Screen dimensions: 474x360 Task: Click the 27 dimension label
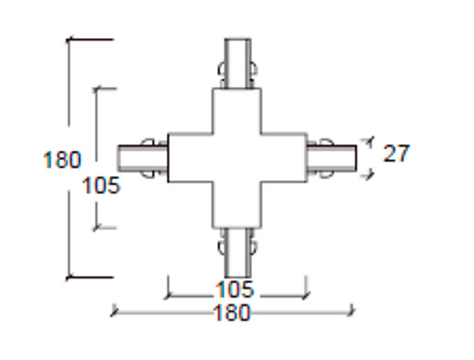click(x=396, y=153)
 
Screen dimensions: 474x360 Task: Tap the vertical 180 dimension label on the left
click(x=63, y=159)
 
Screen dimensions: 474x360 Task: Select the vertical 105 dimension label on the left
click(x=101, y=185)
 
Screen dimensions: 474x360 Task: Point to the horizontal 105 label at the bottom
click(x=234, y=289)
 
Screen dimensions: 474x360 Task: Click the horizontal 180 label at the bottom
click(x=232, y=313)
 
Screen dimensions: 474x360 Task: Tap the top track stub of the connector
click(x=238, y=63)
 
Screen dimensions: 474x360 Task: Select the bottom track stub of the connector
click(x=238, y=253)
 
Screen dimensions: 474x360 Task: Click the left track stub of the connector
click(x=143, y=158)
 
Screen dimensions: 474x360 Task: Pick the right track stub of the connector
click(x=332, y=158)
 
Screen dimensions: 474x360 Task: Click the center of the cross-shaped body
click(x=237, y=158)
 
